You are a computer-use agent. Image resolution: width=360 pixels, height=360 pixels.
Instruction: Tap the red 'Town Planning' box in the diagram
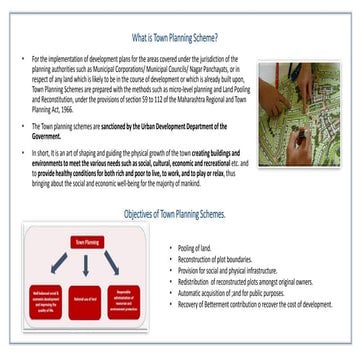[x=85, y=242]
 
